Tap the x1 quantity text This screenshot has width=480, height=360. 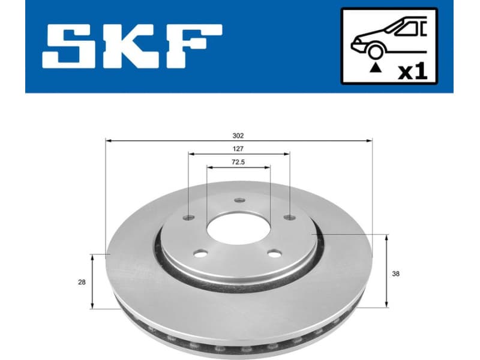(413, 71)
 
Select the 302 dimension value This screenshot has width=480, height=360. (239, 136)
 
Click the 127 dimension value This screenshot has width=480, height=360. (239, 148)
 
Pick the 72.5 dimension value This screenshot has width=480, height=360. (239, 161)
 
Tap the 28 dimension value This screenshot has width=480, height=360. (82, 281)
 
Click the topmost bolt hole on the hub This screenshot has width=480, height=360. (239, 200)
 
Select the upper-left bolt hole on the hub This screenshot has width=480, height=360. (189, 217)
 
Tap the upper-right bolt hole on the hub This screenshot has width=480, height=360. (289, 217)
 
